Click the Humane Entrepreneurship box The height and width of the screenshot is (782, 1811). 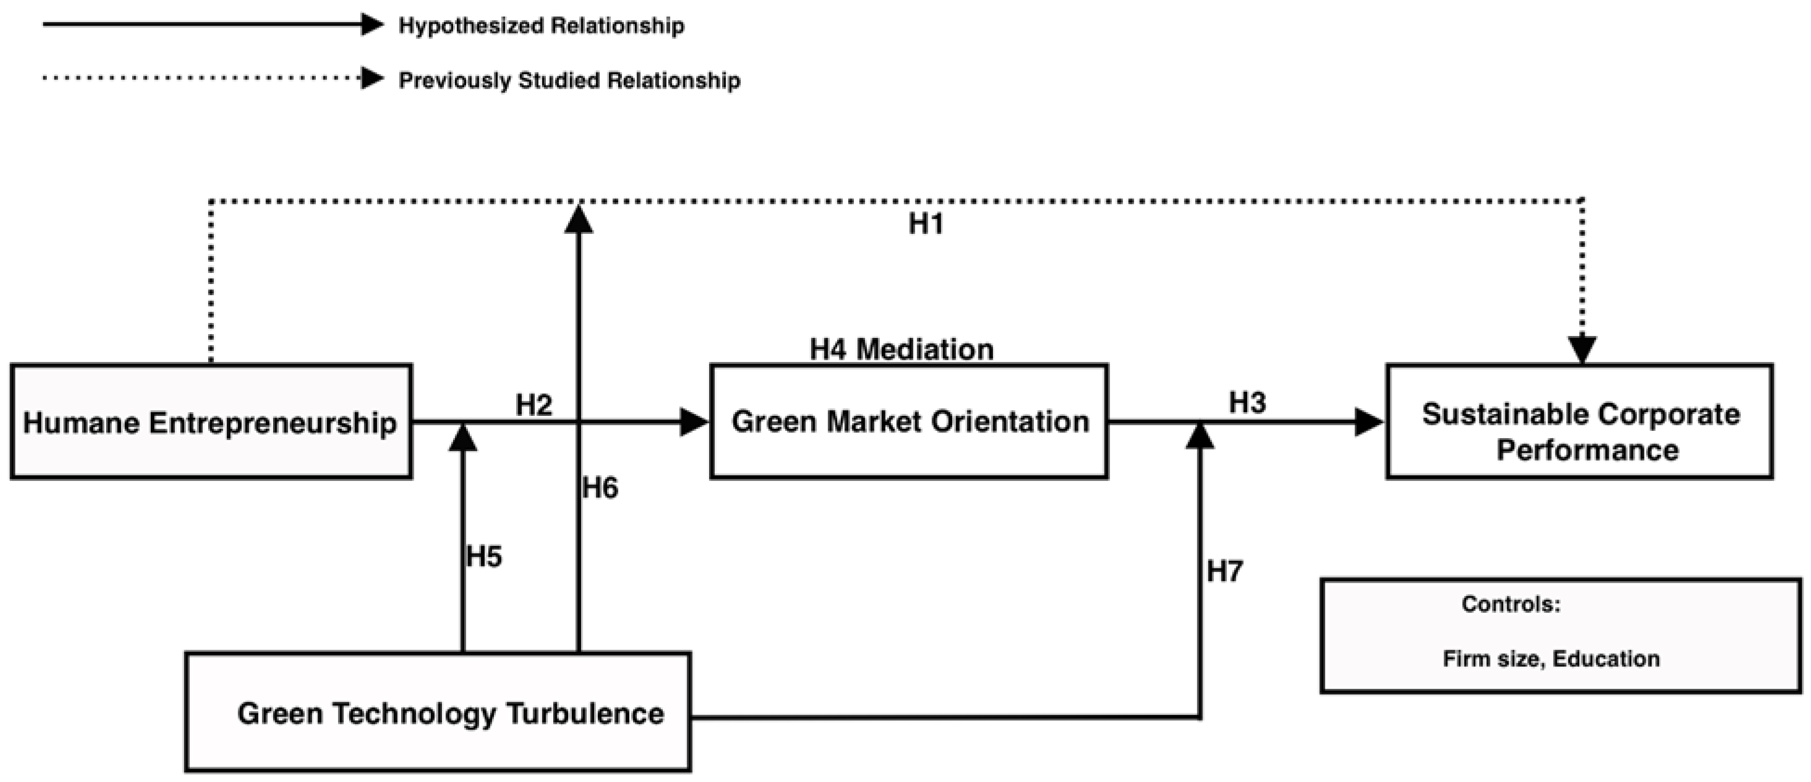211,422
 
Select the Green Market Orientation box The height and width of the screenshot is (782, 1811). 909,422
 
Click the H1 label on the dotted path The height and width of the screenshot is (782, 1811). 925,224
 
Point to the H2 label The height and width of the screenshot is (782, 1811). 534,405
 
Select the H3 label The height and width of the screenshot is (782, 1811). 1247,403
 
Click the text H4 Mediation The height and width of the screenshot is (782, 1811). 901,349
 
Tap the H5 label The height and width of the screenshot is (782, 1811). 484,557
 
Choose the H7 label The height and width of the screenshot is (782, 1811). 1225,572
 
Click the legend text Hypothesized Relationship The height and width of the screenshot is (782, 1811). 541,26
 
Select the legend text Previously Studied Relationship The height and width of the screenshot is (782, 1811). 569,80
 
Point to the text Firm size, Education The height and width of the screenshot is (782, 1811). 1551,659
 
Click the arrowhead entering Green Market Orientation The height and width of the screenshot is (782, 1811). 694,422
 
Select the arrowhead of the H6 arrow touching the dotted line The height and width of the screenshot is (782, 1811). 579,219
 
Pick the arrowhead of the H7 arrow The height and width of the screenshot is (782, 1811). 1200,436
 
